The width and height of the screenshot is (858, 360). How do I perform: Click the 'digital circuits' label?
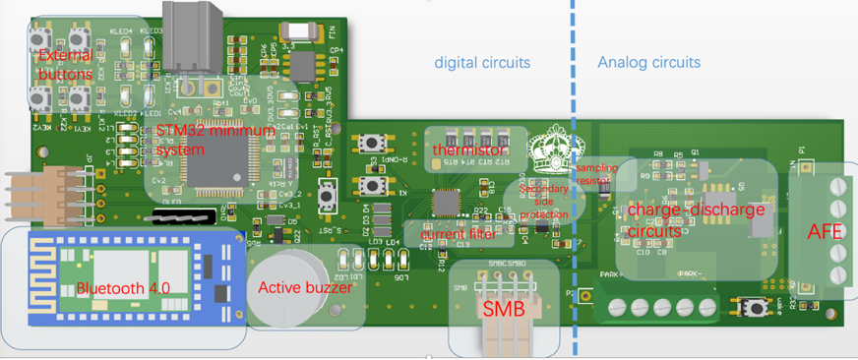(x=482, y=62)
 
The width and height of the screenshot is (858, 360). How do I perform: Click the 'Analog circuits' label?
(x=648, y=62)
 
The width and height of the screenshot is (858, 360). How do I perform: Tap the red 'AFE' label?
(x=824, y=233)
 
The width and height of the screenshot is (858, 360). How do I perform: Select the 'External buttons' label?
(x=66, y=66)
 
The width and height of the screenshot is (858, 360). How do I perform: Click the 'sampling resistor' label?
(x=596, y=174)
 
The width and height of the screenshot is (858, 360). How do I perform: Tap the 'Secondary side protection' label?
(x=543, y=201)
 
